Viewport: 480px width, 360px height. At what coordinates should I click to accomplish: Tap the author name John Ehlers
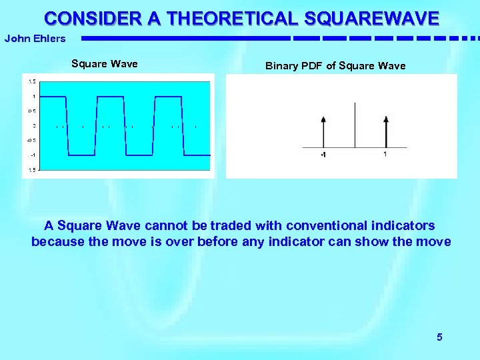click(x=35, y=38)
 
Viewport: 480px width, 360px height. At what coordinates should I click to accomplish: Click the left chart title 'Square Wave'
click(x=105, y=64)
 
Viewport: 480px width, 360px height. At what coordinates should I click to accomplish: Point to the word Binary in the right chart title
click(x=280, y=66)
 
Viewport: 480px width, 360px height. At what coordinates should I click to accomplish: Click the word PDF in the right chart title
click(x=311, y=66)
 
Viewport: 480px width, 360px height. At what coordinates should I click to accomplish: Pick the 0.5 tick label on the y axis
click(x=32, y=111)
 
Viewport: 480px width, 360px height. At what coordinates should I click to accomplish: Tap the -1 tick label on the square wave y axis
click(x=33, y=155)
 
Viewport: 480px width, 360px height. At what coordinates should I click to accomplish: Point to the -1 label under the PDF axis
click(x=323, y=155)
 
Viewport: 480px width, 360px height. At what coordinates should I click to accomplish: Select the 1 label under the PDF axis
click(x=385, y=155)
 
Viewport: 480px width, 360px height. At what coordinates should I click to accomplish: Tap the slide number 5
click(x=439, y=337)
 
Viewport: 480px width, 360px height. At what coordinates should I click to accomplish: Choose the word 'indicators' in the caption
click(x=404, y=225)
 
